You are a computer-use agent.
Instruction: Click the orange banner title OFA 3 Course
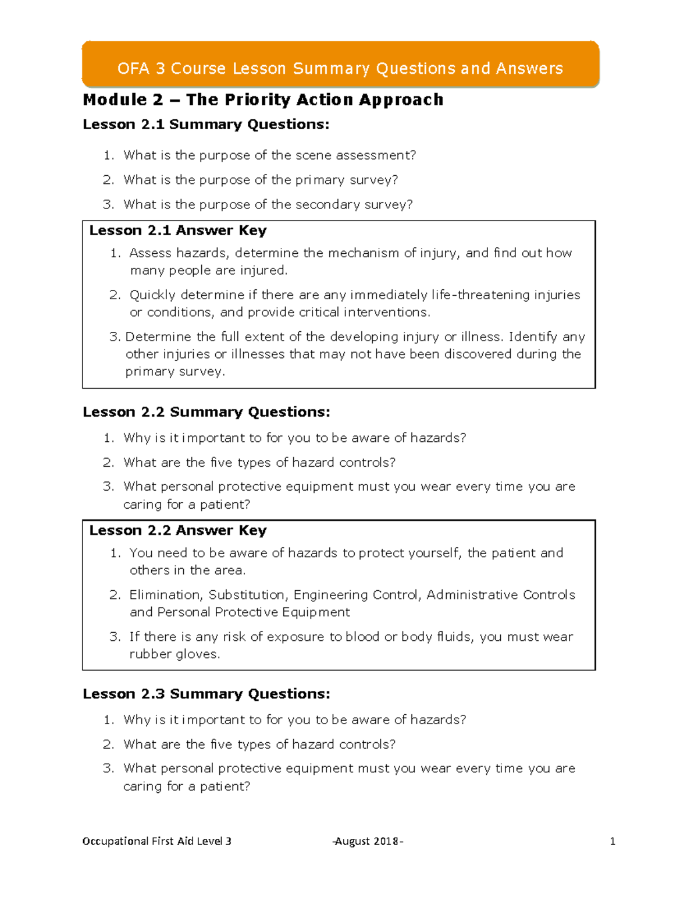(x=340, y=69)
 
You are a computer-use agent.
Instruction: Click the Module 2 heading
(x=263, y=100)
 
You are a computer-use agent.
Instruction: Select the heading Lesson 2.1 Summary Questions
(x=206, y=125)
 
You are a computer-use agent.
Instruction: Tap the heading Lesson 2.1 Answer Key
(x=178, y=231)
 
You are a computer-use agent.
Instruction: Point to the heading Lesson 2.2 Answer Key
(x=178, y=530)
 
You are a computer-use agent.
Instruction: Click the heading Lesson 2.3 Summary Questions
(x=206, y=694)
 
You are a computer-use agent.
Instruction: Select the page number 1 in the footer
(x=612, y=841)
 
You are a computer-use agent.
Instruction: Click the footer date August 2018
(x=368, y=841)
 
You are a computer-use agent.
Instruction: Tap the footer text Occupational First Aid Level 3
(x=157, y=841)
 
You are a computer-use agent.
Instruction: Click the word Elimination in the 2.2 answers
(x=166, y=595)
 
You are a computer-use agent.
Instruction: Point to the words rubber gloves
(x=174, y=654)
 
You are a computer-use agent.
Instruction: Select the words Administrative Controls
(x=501, y=595)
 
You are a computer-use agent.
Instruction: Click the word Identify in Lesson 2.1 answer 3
(x=533, y=337)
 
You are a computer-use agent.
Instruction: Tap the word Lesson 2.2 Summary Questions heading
(x=206, y=412)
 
